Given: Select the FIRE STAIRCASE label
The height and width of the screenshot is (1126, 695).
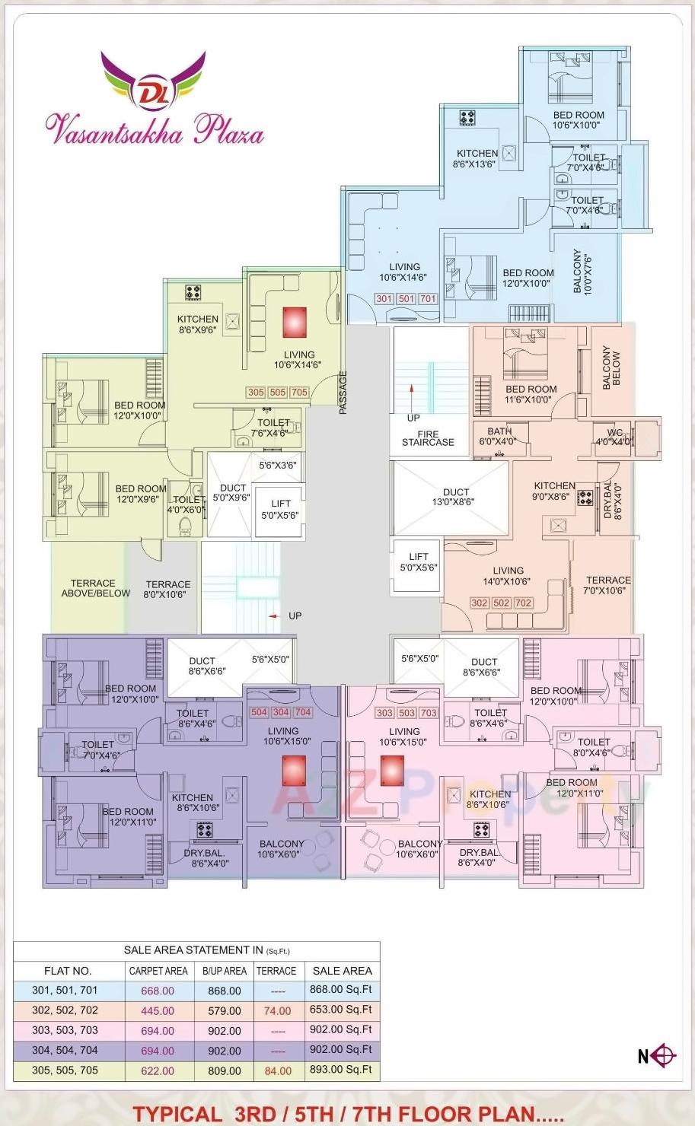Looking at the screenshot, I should [x=428, y=438].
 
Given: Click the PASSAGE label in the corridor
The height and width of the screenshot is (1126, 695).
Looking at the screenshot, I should [x=343, y=393].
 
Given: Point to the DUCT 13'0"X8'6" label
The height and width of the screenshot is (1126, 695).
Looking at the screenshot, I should [x=457, y=497].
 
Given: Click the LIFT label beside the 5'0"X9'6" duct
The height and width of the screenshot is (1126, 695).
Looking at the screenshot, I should [x=280, y=509].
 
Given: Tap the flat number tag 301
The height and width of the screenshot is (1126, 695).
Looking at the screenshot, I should [x=384, y=299].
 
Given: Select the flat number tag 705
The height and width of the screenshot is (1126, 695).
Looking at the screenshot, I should [x=299, y=393].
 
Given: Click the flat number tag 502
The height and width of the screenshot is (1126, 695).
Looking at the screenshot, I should [x=502, y=603].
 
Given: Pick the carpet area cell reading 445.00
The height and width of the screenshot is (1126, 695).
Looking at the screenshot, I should [x=158, y=1011].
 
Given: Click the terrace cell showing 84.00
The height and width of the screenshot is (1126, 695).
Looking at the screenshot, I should [x=278, y=1070].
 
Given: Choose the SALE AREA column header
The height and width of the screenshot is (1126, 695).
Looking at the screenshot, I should [x=342, y=971].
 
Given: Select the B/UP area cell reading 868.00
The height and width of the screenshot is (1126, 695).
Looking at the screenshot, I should [x=225, y=991].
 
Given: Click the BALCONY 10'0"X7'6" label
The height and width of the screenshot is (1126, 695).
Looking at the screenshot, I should [x=582, y=270].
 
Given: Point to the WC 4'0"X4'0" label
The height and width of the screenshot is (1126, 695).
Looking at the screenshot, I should [x=614, y=437].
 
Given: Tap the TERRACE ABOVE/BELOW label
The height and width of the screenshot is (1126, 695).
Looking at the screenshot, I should [x=95, y=588].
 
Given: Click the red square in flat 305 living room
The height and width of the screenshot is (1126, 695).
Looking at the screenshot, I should [x=295, y=322].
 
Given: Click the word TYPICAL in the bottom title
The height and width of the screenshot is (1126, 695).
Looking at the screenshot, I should [x=177, y=1114].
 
